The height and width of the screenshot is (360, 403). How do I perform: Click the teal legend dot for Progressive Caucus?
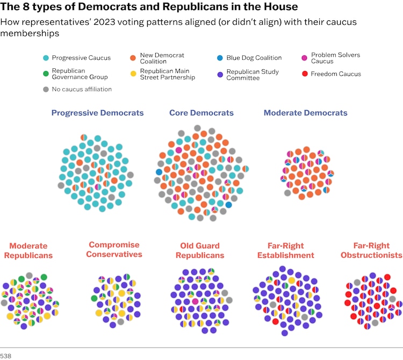pyautogui.click(x=46, y=58)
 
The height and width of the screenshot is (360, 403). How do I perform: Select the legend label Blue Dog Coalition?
pyautogui.click(x=254, y=58)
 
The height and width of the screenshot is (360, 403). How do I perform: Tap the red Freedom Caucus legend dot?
pyautogui.click(x=305, y=74)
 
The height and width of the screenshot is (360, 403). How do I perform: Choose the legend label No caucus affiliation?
pyautogui.click(x=82, y=89)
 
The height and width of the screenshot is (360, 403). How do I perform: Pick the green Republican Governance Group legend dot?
pyautogui.click(x=46, y=74)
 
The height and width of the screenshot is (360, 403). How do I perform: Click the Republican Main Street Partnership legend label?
pyautogui.click(x=167, y=74)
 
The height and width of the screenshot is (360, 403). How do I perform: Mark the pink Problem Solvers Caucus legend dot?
pyautogui.click(x=305, y=58)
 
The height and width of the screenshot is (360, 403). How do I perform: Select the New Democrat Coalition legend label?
pyautogui.click(x=162, y=58)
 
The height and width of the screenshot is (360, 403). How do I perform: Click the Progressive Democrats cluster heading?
pyautogui.click(x=97, y=113)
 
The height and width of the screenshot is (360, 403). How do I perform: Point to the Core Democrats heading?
pyautogui.click(x=201, y=113)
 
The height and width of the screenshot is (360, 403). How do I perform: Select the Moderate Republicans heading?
pyautogui.click(x=28, y=250)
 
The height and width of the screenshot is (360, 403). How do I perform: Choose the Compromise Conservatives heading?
pyautogui.click(x=114, y=249)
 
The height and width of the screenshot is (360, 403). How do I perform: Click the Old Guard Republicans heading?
pyautogui.click(x=200, y=250)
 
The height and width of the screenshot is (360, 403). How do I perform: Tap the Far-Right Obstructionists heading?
pyautogui.click(x=371, y=250)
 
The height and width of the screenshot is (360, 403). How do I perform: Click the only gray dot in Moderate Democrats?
pyautogui.click(x=287, y=193)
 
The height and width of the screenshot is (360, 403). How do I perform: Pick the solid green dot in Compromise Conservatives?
pyautogui.click(x=95, y=298)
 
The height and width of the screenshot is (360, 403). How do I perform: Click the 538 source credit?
pyautogui.click(x=6, y=355)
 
